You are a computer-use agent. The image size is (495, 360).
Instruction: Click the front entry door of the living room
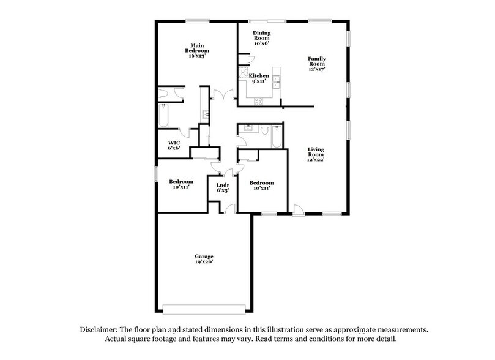298,210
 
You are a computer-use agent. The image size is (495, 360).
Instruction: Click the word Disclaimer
99,329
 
